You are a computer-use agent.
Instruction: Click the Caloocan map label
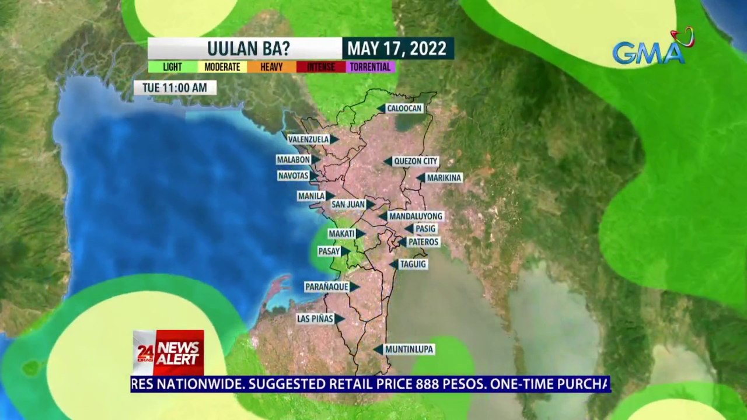(x=404, y=108)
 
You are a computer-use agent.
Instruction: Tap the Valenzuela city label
(x=309, y=139)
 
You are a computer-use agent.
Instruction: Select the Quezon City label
(x=415, y=161)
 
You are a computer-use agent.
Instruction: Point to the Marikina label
(x=444, y=178)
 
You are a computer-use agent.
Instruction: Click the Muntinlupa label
(x=409, y=349)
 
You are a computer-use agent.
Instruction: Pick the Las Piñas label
(x=315, y=318)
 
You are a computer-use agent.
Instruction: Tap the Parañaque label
(x=326, y=287)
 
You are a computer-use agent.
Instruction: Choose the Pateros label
(x=423, y=242)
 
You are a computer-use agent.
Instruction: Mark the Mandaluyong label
(x=416, y=216)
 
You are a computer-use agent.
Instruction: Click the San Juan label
(x=348, y=204)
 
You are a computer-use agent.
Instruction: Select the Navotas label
(x=293, y=176)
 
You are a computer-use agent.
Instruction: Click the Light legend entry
(x=172, y=67)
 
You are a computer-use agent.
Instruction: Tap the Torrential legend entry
(x=370, y=67)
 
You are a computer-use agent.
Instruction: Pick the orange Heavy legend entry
(x=271, y=67)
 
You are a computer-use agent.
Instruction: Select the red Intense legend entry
(x=320, y=67)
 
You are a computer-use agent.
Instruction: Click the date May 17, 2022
(x=397, y=48)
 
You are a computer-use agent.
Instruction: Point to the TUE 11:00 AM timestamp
(x=175, y=87)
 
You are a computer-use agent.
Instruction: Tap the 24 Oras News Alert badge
(x=168, y=353)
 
